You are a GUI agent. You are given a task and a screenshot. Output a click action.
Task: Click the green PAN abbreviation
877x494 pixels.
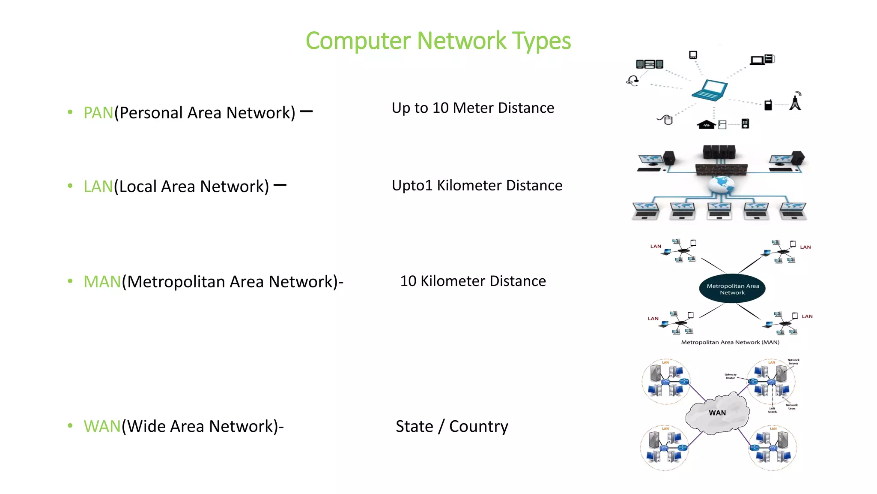click(x=98, y=113)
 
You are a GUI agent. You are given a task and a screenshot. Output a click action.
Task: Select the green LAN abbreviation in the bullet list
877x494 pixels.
click(x=98, y=187)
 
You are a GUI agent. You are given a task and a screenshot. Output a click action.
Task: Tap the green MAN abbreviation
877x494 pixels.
click(x=102, y=282)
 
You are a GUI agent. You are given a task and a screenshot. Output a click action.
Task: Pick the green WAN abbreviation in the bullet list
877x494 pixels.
click(x=102, y=426)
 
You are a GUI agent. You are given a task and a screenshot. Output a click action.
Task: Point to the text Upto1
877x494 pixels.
click(x=412, y=186)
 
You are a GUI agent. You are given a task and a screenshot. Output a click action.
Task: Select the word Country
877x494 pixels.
click(x=478, y=426)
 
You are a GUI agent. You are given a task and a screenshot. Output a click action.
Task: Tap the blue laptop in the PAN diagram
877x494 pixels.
click(x=709, y=90)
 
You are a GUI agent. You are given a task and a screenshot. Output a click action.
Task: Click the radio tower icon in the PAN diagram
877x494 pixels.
click(x=795, y=102)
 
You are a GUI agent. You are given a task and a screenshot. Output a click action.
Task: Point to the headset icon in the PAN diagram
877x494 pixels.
click(x=632, y=80)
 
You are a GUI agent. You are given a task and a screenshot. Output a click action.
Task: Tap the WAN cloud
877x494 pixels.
click(x=717, y=413)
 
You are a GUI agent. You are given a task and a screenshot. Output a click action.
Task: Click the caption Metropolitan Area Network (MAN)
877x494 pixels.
click(x=730, y=342)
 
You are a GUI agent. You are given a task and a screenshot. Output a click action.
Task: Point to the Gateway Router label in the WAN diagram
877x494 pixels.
click(x=730, y=376)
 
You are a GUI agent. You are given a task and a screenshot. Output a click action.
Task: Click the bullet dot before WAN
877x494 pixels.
click(x=70, y=425)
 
